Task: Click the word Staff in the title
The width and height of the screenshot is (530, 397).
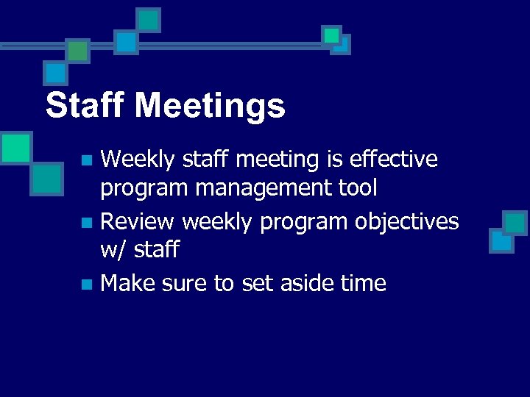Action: coord(85,105)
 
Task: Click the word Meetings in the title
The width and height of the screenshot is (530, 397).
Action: coord(210,107)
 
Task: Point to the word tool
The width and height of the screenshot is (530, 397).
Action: coord(357,188)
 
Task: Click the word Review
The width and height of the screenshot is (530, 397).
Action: coord(138,221)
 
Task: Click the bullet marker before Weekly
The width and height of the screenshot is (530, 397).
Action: coord(86,160)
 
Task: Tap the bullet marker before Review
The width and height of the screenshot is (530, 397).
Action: coord(86,221)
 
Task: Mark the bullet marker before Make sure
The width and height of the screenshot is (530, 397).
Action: coord(86,283)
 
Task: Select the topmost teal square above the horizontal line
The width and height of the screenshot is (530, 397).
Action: coord(149,20)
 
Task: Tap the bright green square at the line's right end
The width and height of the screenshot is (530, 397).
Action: coord(332,35)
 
